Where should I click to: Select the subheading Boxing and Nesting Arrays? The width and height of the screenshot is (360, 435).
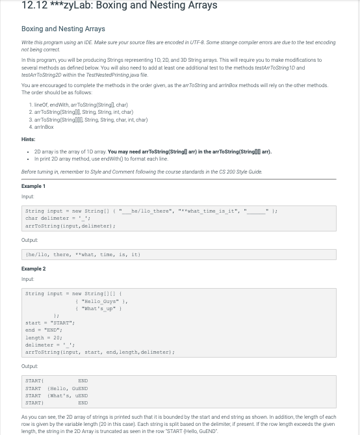[x=63, y=29]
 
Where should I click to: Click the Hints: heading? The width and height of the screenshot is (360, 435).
[x=29, y=139]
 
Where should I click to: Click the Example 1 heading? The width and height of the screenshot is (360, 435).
[x=33, y=186]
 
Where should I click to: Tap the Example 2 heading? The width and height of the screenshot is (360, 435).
[x=33, y=269]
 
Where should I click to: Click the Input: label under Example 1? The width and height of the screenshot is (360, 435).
[x=27, y=196]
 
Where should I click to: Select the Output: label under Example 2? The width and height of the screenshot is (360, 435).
[x=30, y=366]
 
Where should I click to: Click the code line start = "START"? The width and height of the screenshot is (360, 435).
[x=50, y=323]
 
